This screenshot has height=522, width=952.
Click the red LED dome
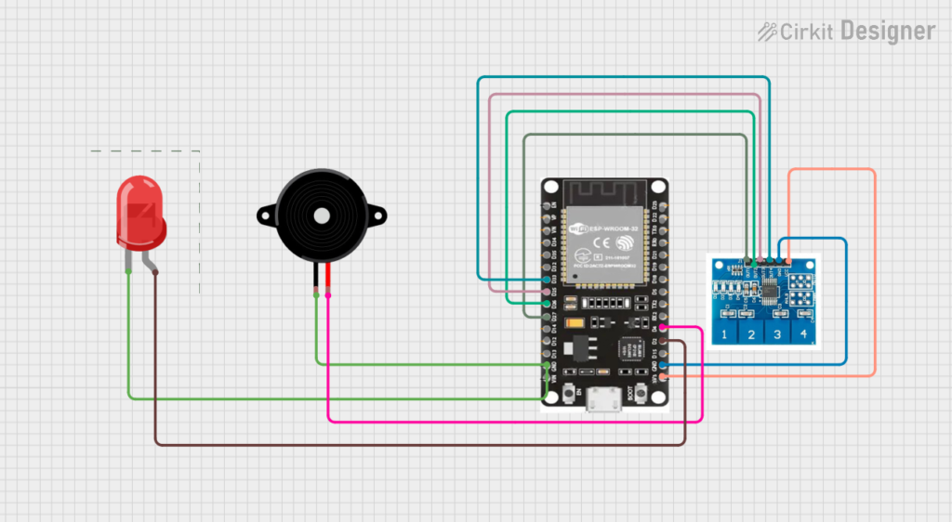140,213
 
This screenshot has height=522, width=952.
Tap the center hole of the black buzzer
321,215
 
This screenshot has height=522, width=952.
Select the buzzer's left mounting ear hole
266,216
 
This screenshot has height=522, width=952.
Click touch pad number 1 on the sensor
725,333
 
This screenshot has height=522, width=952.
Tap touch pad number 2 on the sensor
751,333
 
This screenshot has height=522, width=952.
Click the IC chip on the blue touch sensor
772,289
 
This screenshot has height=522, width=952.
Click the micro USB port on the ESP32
605,403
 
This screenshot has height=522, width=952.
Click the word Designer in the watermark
888,32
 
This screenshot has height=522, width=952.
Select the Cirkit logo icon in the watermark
767,33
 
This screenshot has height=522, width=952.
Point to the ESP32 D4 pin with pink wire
662,328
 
